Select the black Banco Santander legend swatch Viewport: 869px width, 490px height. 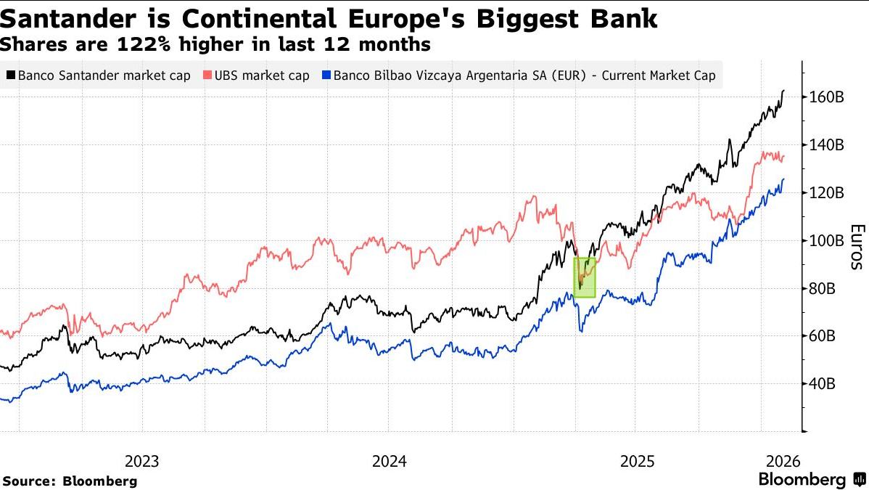(11, 75)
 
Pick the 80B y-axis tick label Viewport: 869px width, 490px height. (822, 289)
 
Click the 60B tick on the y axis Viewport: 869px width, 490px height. (822, 336)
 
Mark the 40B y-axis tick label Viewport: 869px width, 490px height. (822, 384)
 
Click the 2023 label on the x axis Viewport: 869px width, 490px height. (142, 461)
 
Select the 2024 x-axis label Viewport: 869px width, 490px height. (390, 461)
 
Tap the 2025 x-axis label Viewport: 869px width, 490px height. (636, 461)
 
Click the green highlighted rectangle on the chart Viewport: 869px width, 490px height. (584, 277)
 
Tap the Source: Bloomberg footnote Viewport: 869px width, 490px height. (70, 481)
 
